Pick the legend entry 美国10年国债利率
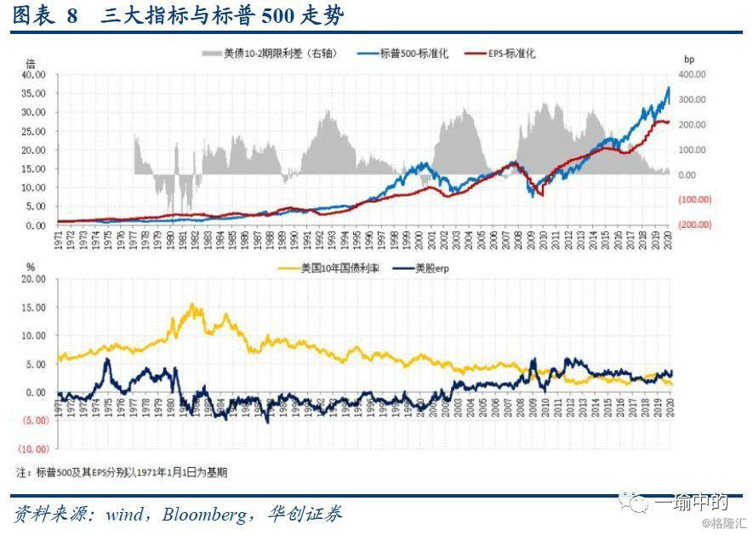click(x=339, y=268)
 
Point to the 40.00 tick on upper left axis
click(x=33, y=74)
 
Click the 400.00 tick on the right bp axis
click(x=692, y=74)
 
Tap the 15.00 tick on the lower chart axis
click(x=33, y=307)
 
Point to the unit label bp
click(x=689, y=60)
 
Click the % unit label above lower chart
click(x=31, y=267)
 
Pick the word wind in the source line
click(x=123, y=514)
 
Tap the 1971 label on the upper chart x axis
click(x=59, y=241)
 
